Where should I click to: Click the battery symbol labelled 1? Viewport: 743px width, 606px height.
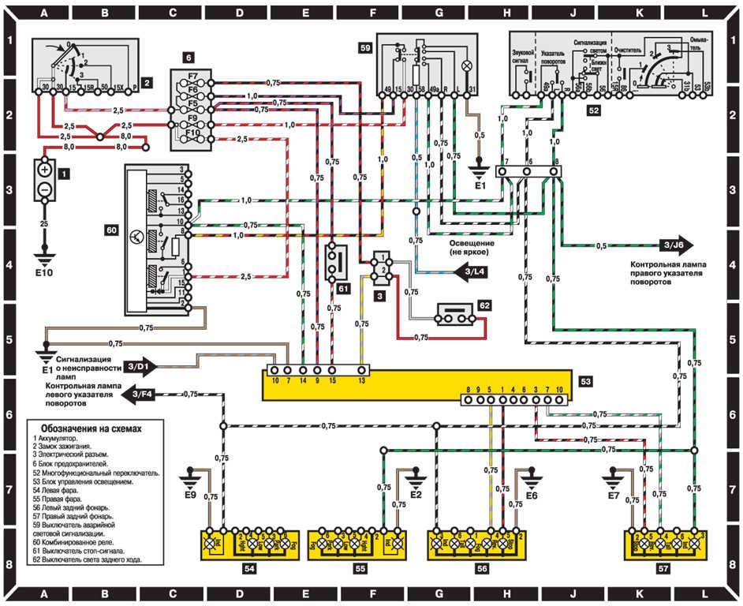click(45, 180)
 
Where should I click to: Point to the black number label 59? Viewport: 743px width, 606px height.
click(364, 47)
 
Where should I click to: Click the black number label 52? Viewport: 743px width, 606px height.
click(592, 112)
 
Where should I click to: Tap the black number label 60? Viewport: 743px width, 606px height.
click(111, 230)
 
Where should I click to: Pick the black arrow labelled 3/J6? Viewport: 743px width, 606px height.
click(674, 245)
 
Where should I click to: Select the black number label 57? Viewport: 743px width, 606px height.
click(664, 567)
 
